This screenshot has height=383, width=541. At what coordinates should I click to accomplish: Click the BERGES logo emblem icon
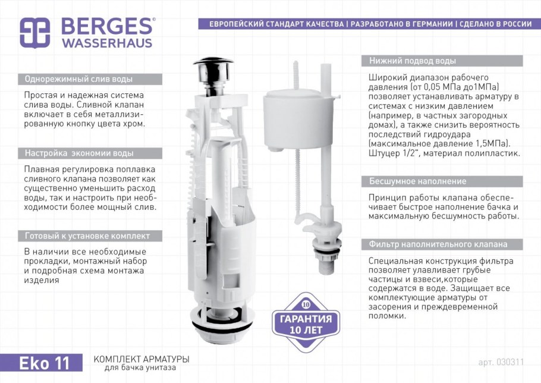pos(35,33)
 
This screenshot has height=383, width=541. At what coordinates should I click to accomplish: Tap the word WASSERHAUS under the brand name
pos(107,43)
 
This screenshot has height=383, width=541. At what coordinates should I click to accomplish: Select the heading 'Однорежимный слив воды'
pos(78,79)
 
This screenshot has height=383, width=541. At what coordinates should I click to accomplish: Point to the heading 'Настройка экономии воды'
pos(79,153)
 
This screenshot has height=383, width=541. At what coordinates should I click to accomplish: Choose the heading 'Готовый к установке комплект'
pos(87,236)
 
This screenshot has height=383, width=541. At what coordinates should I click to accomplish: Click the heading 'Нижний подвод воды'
pos(413,61)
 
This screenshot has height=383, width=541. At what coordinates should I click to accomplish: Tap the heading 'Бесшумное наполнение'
pos(417,181)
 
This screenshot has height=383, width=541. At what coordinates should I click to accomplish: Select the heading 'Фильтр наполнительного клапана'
pos(438,244)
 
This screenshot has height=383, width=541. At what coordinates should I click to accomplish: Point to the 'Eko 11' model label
pos(44,363)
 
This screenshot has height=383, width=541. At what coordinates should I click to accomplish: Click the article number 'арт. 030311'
pos(501,362)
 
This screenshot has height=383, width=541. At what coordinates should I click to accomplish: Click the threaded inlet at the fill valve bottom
pos(326,264)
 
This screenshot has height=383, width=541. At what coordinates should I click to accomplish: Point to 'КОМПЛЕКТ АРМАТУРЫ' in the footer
pos(141,359)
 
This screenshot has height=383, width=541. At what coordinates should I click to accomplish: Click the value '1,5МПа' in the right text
pos(490,143)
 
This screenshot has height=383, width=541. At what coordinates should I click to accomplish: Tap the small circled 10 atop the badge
pos(306,304)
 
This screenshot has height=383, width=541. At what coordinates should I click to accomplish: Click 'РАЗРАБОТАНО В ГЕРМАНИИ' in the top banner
pos(402,24)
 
